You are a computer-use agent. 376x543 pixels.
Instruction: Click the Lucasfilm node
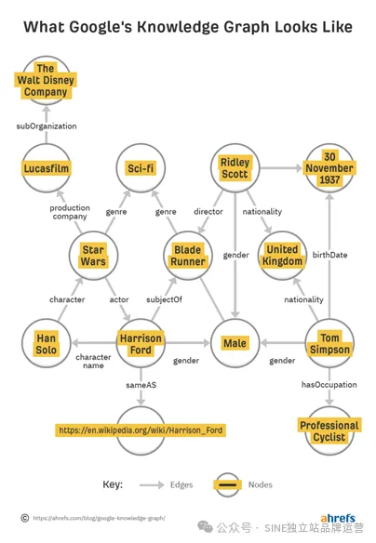[47, 168]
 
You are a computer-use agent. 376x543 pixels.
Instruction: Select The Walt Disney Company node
[46, 80]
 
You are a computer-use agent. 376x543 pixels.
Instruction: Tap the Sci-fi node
[141, 168]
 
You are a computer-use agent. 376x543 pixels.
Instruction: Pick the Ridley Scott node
[235, 168]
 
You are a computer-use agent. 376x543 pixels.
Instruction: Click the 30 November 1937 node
[329, 168]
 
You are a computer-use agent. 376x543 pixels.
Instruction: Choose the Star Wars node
[93, 256]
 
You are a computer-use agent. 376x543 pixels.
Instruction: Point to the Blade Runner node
[188, 256]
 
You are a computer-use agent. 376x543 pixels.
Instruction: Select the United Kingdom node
[282, 256]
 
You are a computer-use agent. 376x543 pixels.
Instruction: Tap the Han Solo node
[47, 343]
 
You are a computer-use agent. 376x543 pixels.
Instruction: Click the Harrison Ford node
[141, 343]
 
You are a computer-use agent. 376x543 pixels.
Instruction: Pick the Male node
[235, 343]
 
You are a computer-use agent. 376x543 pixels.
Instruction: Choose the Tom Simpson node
[329, 343]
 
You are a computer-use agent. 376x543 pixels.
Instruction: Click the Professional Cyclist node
[329, 430]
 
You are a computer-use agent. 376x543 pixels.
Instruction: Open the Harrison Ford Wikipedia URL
[141, 430]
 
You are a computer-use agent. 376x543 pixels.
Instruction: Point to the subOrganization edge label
[47, 126]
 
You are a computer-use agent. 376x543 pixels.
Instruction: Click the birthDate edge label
[329, 255]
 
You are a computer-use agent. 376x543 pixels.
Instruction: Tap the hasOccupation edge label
[329, 385]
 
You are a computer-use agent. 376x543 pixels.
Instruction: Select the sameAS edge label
[141, 385]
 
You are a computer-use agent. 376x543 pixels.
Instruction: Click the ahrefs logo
[338, 518]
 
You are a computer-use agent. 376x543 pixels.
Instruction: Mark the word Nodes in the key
[261, 484]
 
